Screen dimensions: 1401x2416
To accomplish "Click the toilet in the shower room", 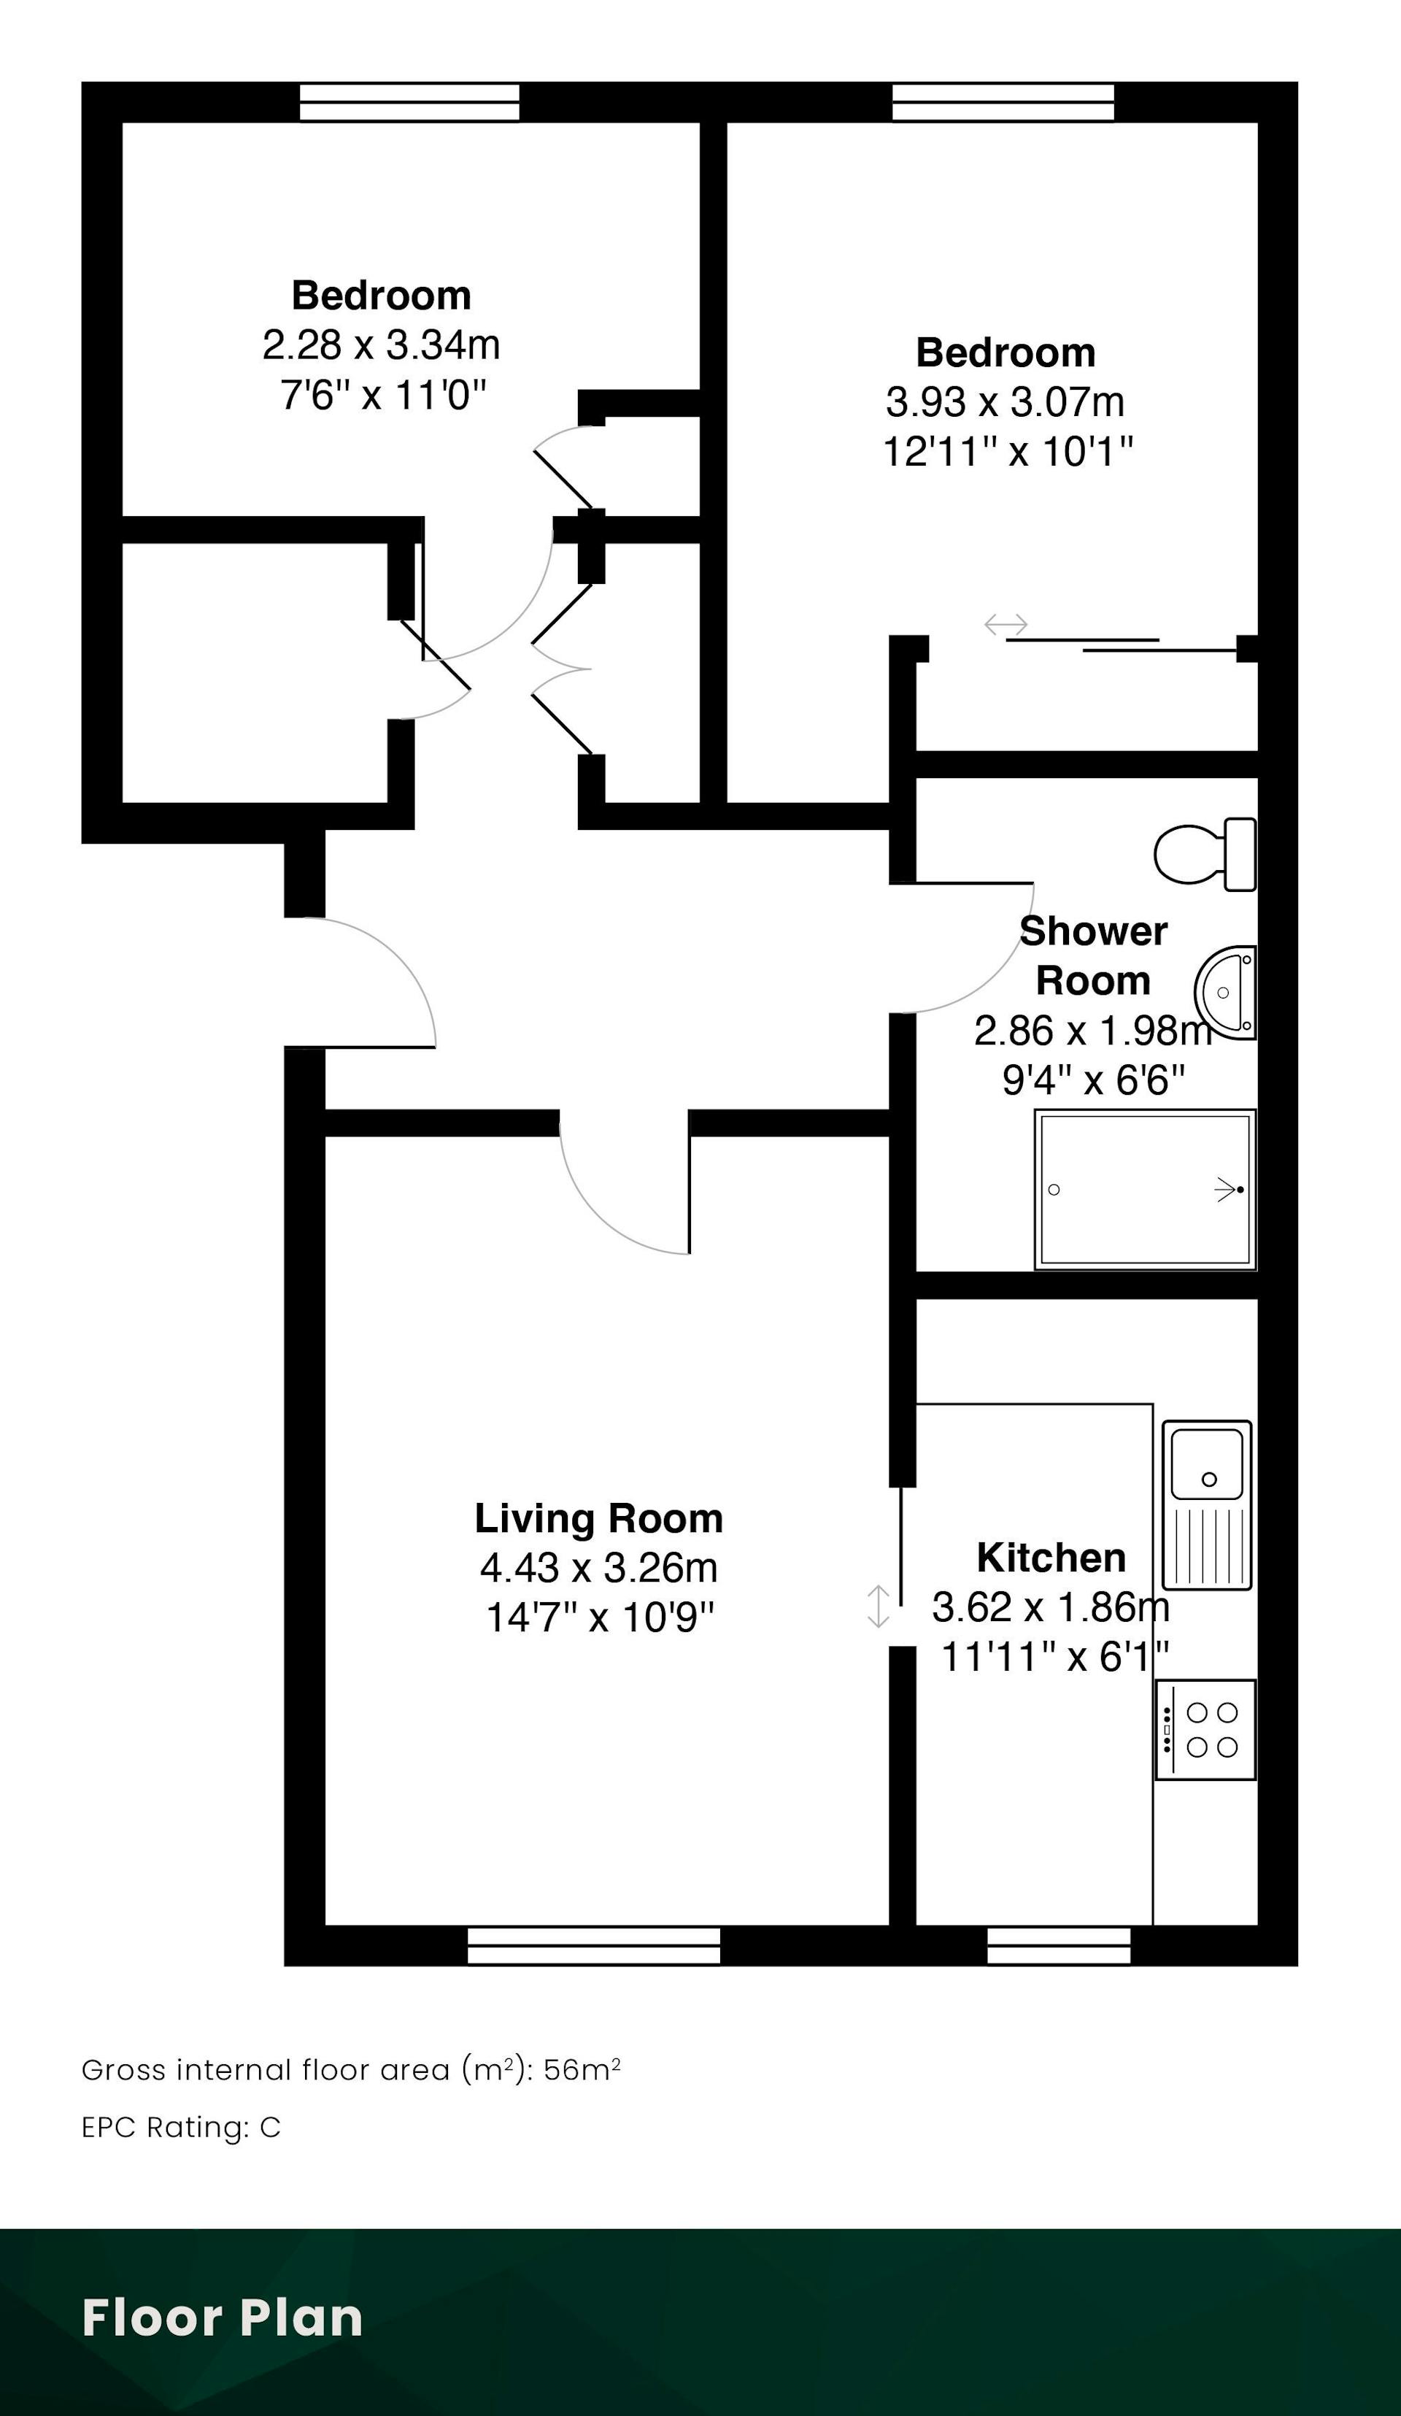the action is pos(1205,853).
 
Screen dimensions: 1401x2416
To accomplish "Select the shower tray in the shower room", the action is pos(1145,1190).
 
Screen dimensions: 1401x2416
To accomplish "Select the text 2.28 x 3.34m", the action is pos(382,345).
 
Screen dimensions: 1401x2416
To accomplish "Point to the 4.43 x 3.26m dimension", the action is pos(599,1569).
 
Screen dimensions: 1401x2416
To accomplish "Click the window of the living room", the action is pos(594,1945).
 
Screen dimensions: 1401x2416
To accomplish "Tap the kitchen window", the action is pos(1059,1945).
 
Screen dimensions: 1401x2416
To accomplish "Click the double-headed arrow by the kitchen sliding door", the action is pos(878,1607).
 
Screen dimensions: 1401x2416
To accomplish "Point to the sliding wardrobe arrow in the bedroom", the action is pos(1006,625).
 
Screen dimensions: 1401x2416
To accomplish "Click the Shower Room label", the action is pos(1093,956).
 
